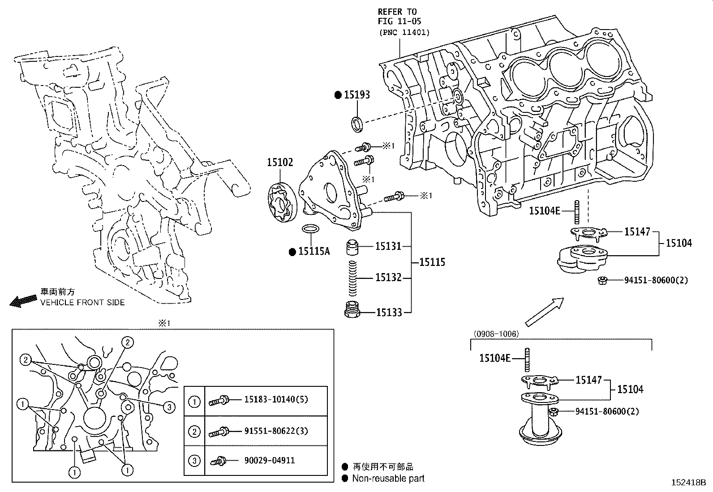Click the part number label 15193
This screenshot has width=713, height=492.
pyautogui.click(x=357, y=94)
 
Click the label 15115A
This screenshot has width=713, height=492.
pyautogui.click(x=314, y=252)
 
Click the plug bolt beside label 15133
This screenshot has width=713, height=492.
pyautogui.click(x=353, y=310)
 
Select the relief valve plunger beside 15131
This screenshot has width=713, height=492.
pyautogui.click(x=353, y=248)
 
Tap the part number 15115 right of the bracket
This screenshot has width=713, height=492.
pyautogui.click(x=432, y=262)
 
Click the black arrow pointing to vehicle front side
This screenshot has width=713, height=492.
pyautogui.click(x=23, y=301)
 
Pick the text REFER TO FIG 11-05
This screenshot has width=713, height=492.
pyautogui.click(x=399, y=17)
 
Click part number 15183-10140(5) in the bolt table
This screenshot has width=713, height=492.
pyautogui.click(x=276, y=399)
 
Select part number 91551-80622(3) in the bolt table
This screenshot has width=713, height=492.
pyautogui.click(x=276, y=431)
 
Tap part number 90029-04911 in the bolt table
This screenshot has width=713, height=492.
pyautogui.click(x=269, y=460)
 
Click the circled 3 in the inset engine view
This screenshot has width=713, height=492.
pyautogui.click(x=169, y=407)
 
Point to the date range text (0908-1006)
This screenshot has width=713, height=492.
pyautogui.click(x=496, y=334)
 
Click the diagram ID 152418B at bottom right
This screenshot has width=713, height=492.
pyautogui.click(x=688, y=483)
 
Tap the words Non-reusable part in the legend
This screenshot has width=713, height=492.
pyautogui.click(x=388, y=479)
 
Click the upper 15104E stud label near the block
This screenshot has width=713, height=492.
pyautogui.click(x=544, y=210)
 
